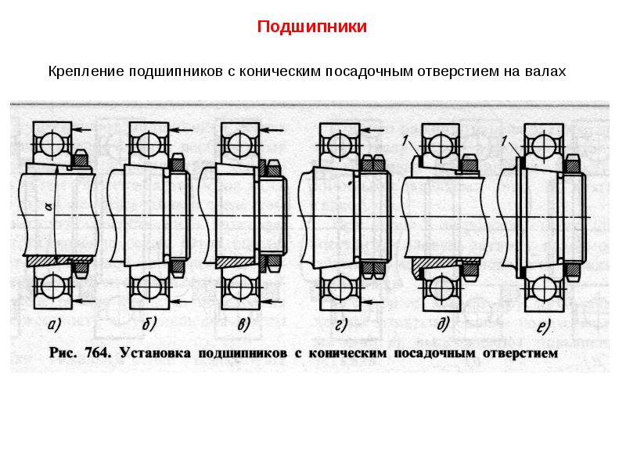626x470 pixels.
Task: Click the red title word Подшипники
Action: pyautogui.click(x=311, y=27)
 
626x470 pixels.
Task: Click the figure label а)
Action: pyautogui.click(x=54, y=325)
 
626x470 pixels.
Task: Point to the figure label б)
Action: pyautogui.click(x=149, y=324)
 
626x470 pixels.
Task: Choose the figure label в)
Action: pyautogui.click(x=243, y=324)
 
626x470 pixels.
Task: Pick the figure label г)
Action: pyautogui.click(x=341, y=325)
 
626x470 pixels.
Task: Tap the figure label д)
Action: pyautogui.click(x=443, y=324)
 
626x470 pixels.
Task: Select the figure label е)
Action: pyautogui.click(x=543, y=327)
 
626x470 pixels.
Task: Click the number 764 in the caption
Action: pyautogui.click(x=97, y=353)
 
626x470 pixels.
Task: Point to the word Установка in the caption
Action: pyautogui.click(x=155, y=353)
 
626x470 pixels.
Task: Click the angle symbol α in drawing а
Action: pyautogui.click(x=49, y=206)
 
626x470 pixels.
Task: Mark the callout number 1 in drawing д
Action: pyautogui.click(x=405, y=140)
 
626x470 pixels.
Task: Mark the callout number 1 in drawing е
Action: pyautogui.click(x=504, y=141)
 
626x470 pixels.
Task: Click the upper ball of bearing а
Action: pyautogui.click(x=52, y=143)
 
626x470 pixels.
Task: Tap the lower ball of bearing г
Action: pyautogui.click(x=340, y=287)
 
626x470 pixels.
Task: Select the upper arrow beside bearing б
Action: pyautogui.click(x=181, y=129)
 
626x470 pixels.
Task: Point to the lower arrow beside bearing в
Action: pyautogui.click(x=272, y=301)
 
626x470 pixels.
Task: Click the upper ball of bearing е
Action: pyautogui.click(x=544, y=144)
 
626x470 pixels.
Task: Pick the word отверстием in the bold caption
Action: pyautogui.click(x=520, y=353)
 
